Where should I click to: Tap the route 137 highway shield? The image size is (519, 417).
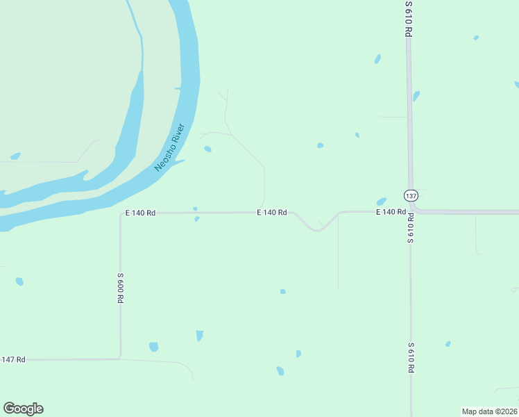click(x=411, y=195)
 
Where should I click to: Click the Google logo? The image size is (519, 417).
click(x=23, y=409)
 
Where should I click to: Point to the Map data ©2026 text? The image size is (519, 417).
click(x=489, y=411)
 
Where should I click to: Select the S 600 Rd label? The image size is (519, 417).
click(x=120, y=287)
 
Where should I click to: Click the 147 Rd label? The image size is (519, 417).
click(x=13, y=359)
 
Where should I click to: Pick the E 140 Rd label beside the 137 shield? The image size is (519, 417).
click(x=391, y=211)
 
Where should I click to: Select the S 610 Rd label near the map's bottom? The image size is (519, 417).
click(x=411, y=358)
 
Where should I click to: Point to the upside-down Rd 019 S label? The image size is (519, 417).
click(x=411, y=228)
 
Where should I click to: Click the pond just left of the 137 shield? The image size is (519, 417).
click(x=381, y=201)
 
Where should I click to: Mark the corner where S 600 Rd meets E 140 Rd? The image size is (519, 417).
click(x=121, y=214)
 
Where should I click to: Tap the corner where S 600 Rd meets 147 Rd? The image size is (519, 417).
click(x=120, y=358)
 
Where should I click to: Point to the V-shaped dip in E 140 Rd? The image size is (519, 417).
click(x=317, y=229)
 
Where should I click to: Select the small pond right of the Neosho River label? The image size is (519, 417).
click(x=207, y=149)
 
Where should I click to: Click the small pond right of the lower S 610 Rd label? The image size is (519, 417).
click(x=448, y=344)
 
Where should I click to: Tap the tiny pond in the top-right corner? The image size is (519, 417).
click(x=476, y=38)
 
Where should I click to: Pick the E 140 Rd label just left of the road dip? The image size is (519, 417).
click(x=272, y=213)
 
